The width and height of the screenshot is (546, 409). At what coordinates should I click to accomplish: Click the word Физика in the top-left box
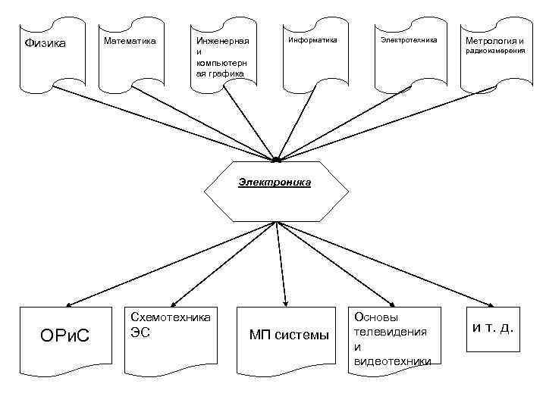[x=45, y=42]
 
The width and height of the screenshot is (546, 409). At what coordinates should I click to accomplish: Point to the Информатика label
[x=312, y=39]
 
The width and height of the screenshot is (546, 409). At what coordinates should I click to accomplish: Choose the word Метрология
[x=485, y=40]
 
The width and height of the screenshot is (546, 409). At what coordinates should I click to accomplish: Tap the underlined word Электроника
[x=275, y=183]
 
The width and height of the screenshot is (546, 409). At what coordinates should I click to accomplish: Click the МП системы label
[x=290, y=335]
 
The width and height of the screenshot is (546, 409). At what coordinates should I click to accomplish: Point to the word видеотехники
[x=392, y=360]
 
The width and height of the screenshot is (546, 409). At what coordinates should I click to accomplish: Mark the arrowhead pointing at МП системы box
[x=285, y=300]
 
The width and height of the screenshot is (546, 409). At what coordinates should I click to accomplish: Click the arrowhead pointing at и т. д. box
[x=486, y=301]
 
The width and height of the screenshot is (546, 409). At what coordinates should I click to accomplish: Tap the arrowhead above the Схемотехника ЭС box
[x=176, y=300]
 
